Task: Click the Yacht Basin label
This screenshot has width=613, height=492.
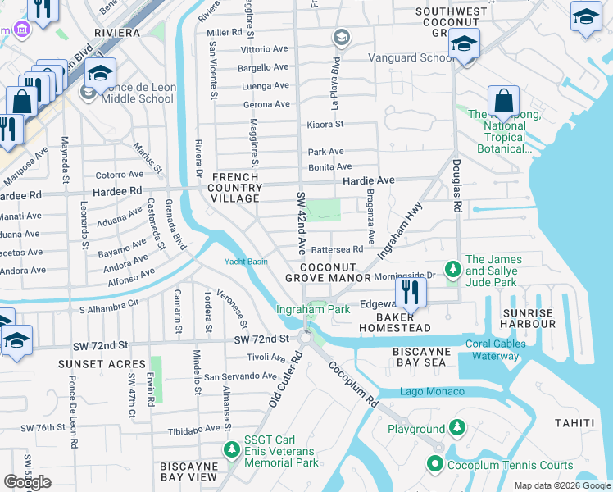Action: tap(246, 262)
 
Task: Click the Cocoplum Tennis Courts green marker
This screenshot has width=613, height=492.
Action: tap(435, 465)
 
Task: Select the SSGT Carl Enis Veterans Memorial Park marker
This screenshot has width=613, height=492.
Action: tap(232, 450)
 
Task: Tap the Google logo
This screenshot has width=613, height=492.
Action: tap(27, 482)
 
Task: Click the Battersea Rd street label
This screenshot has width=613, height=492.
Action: tap(337, 248)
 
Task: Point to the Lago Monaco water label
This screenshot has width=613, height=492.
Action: tap(426, 392)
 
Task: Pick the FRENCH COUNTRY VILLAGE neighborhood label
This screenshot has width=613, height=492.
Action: tap(237, 188)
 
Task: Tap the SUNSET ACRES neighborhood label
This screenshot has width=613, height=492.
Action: tap(90, 363)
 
